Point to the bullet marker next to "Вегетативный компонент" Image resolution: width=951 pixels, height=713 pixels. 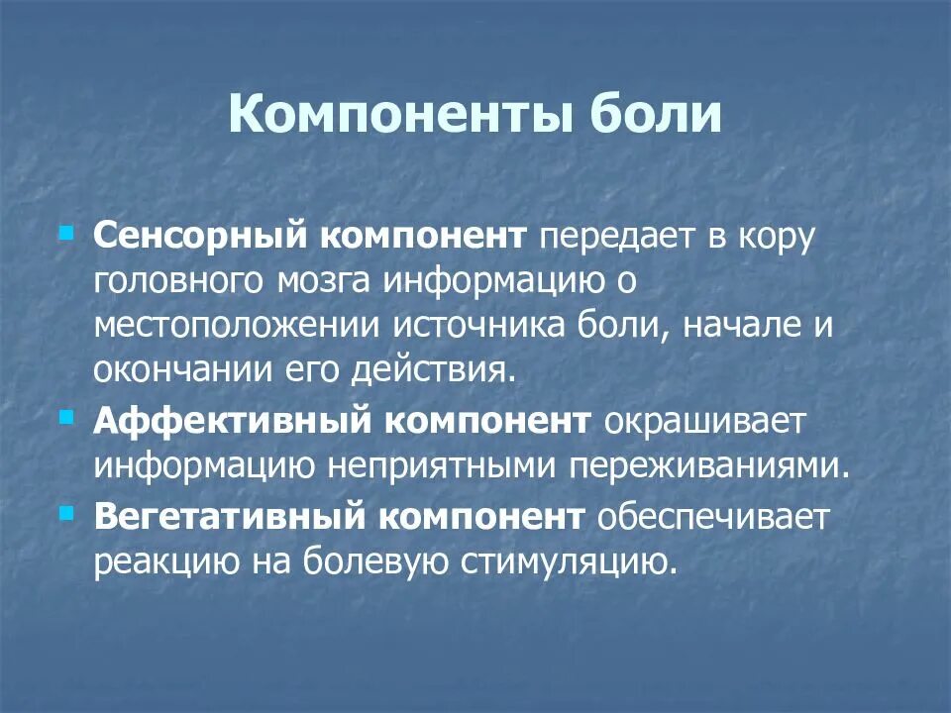pos(66,511)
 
